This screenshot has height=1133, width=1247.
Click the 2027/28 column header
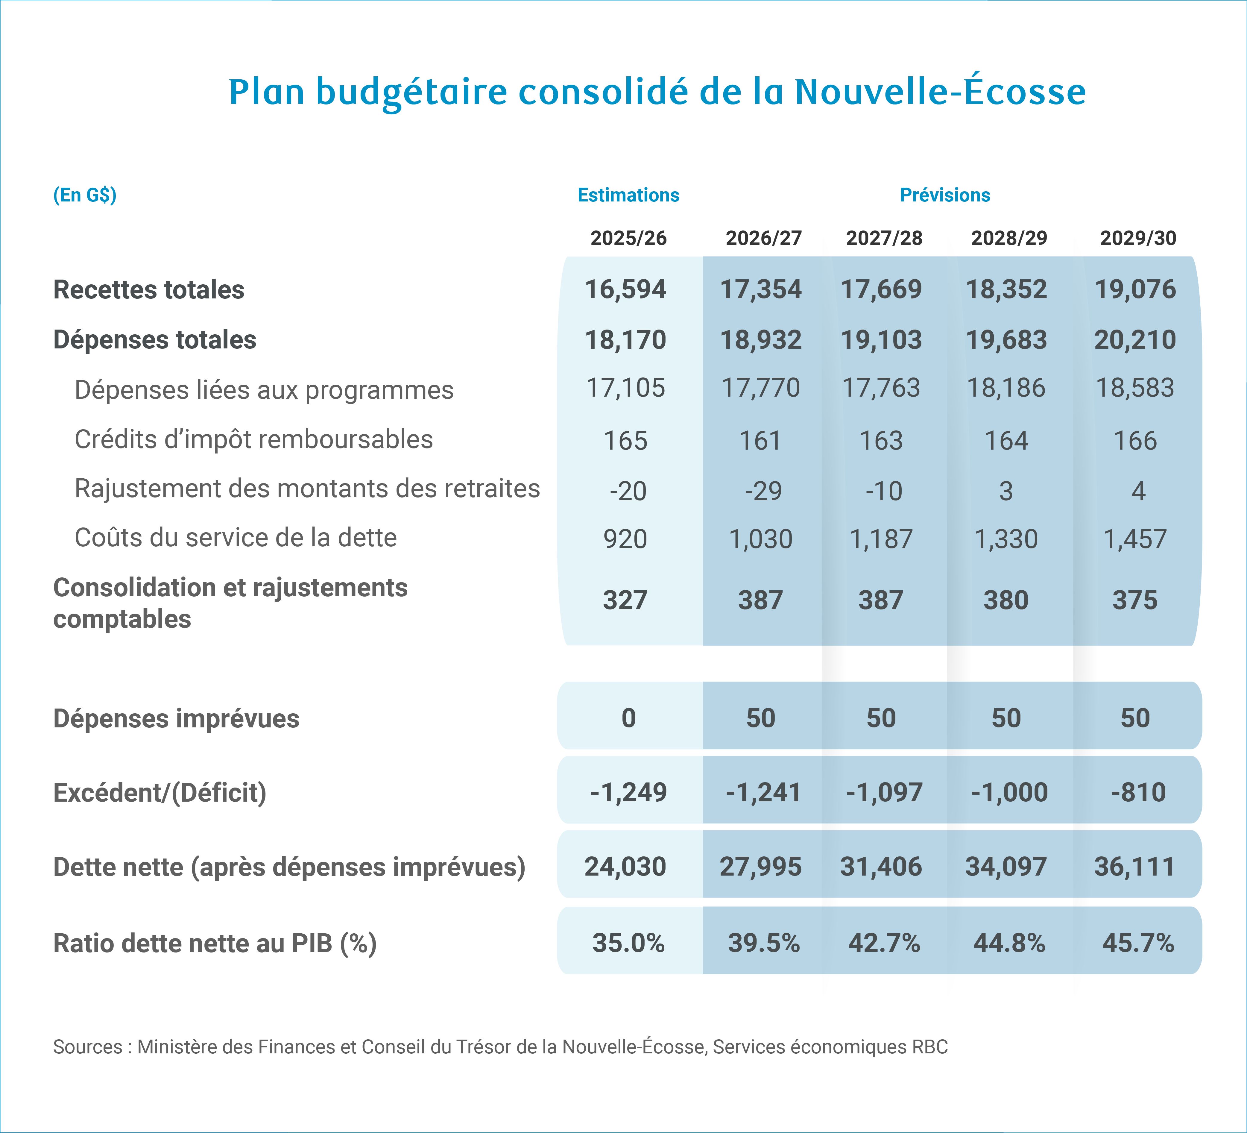coord(884,238)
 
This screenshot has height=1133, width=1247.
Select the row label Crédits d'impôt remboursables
coord(253,439)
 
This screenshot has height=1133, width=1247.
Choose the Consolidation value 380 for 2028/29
coord(1006,600)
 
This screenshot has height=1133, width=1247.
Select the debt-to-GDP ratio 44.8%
coord(1009,943)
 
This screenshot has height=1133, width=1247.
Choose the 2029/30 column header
coord(1137,238)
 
